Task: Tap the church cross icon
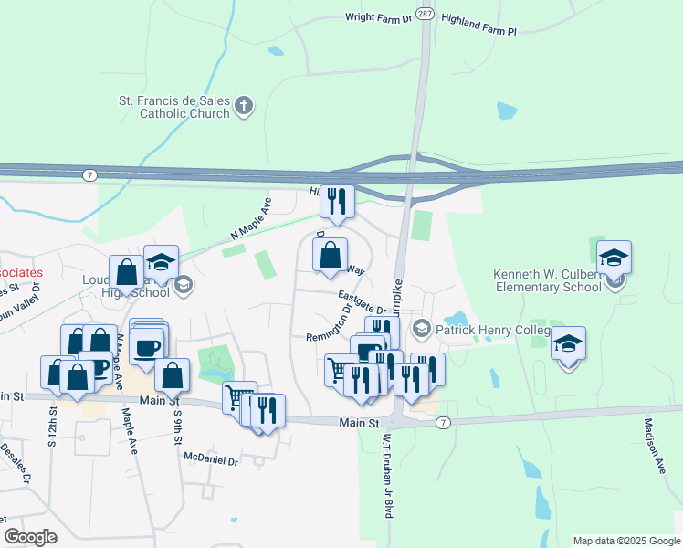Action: click(x=243, y=106)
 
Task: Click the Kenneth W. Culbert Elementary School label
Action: click(x=548, y=280)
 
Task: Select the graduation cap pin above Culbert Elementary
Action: click(x=615, y=258)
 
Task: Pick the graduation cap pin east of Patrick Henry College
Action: click(x=568, y=343)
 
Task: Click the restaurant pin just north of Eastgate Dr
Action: click(x=337, y=200)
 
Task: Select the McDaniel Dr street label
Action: click(x=210, y=461)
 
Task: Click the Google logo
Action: click(x=30, y=536)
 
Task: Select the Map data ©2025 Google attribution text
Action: click(x=625, y=541)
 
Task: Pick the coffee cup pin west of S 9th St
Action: click(x=146, y=346)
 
